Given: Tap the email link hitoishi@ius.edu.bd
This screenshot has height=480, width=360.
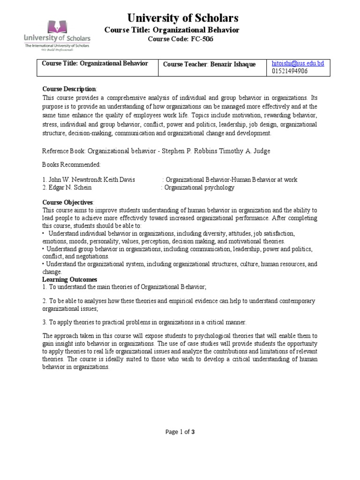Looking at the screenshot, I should [x=298, y=63].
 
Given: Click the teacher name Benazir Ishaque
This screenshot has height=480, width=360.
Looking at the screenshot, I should [x=232, y=64].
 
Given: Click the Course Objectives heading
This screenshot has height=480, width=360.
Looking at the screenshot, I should [x=68, y=202].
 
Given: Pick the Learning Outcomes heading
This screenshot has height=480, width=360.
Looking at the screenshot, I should [x=70, y=279].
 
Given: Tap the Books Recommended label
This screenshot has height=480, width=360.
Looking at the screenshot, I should [x=71, y=165].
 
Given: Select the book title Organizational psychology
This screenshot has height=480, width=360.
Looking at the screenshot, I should [x=199, y=187].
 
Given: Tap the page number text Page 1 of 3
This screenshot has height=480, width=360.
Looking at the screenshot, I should [x=180, y=432].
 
